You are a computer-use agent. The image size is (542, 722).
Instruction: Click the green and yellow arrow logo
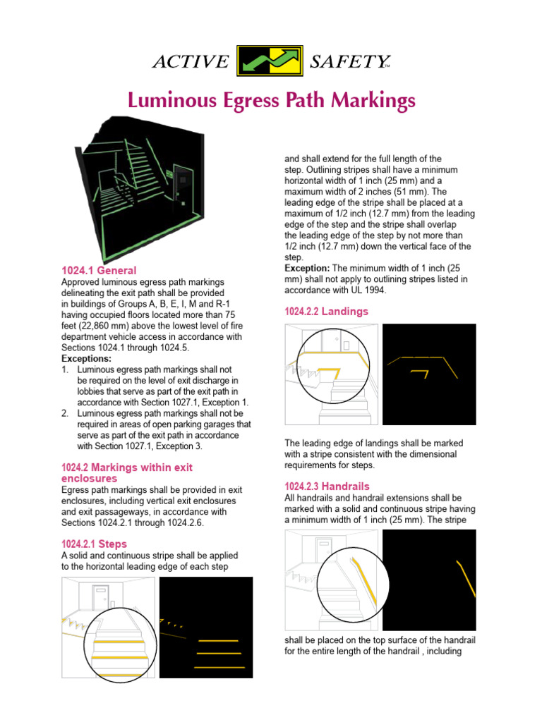[270, 62]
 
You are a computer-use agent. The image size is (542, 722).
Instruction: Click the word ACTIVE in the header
[191, 63]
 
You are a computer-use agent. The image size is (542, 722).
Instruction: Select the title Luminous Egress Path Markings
[270, 102]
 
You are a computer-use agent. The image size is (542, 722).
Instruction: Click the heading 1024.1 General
[99, 271]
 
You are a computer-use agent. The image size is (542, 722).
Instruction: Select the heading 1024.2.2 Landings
[326, 311]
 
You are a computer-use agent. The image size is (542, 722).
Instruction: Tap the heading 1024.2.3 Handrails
[327, 487]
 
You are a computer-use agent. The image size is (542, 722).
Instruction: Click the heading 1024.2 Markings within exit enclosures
[127, 472]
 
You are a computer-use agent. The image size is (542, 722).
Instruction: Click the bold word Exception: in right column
[307, 269]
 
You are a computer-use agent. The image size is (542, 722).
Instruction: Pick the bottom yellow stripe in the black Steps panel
[219, 666]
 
